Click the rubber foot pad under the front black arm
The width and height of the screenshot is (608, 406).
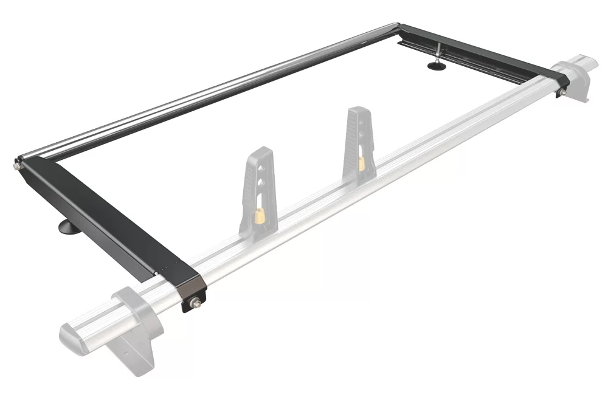65,228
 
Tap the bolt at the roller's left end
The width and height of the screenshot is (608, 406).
15,163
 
